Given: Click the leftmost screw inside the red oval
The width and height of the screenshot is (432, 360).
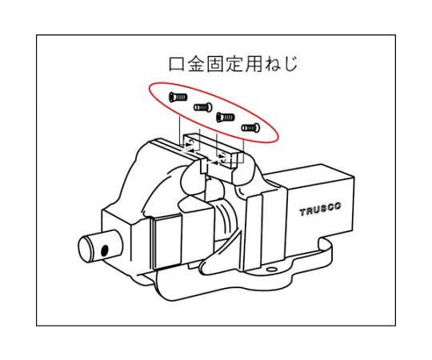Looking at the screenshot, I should (x=178, y=98).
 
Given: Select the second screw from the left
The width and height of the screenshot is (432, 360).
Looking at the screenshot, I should (x=202, y=106).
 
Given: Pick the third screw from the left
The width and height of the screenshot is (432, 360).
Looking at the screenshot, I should (x=225, y=117).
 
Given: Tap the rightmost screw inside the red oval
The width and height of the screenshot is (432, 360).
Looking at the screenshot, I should (x=250, y=126).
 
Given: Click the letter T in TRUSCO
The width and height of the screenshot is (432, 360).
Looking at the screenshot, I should (x=302, y=212).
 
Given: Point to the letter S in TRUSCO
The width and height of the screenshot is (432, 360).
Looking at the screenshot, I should (x=322, y=210).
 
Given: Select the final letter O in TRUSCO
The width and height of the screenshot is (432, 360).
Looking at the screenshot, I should (x=338, y=207).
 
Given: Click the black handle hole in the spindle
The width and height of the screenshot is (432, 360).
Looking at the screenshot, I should (x=104, y=250).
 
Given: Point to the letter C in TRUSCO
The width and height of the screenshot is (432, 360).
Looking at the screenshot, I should (x=330, y=208).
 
